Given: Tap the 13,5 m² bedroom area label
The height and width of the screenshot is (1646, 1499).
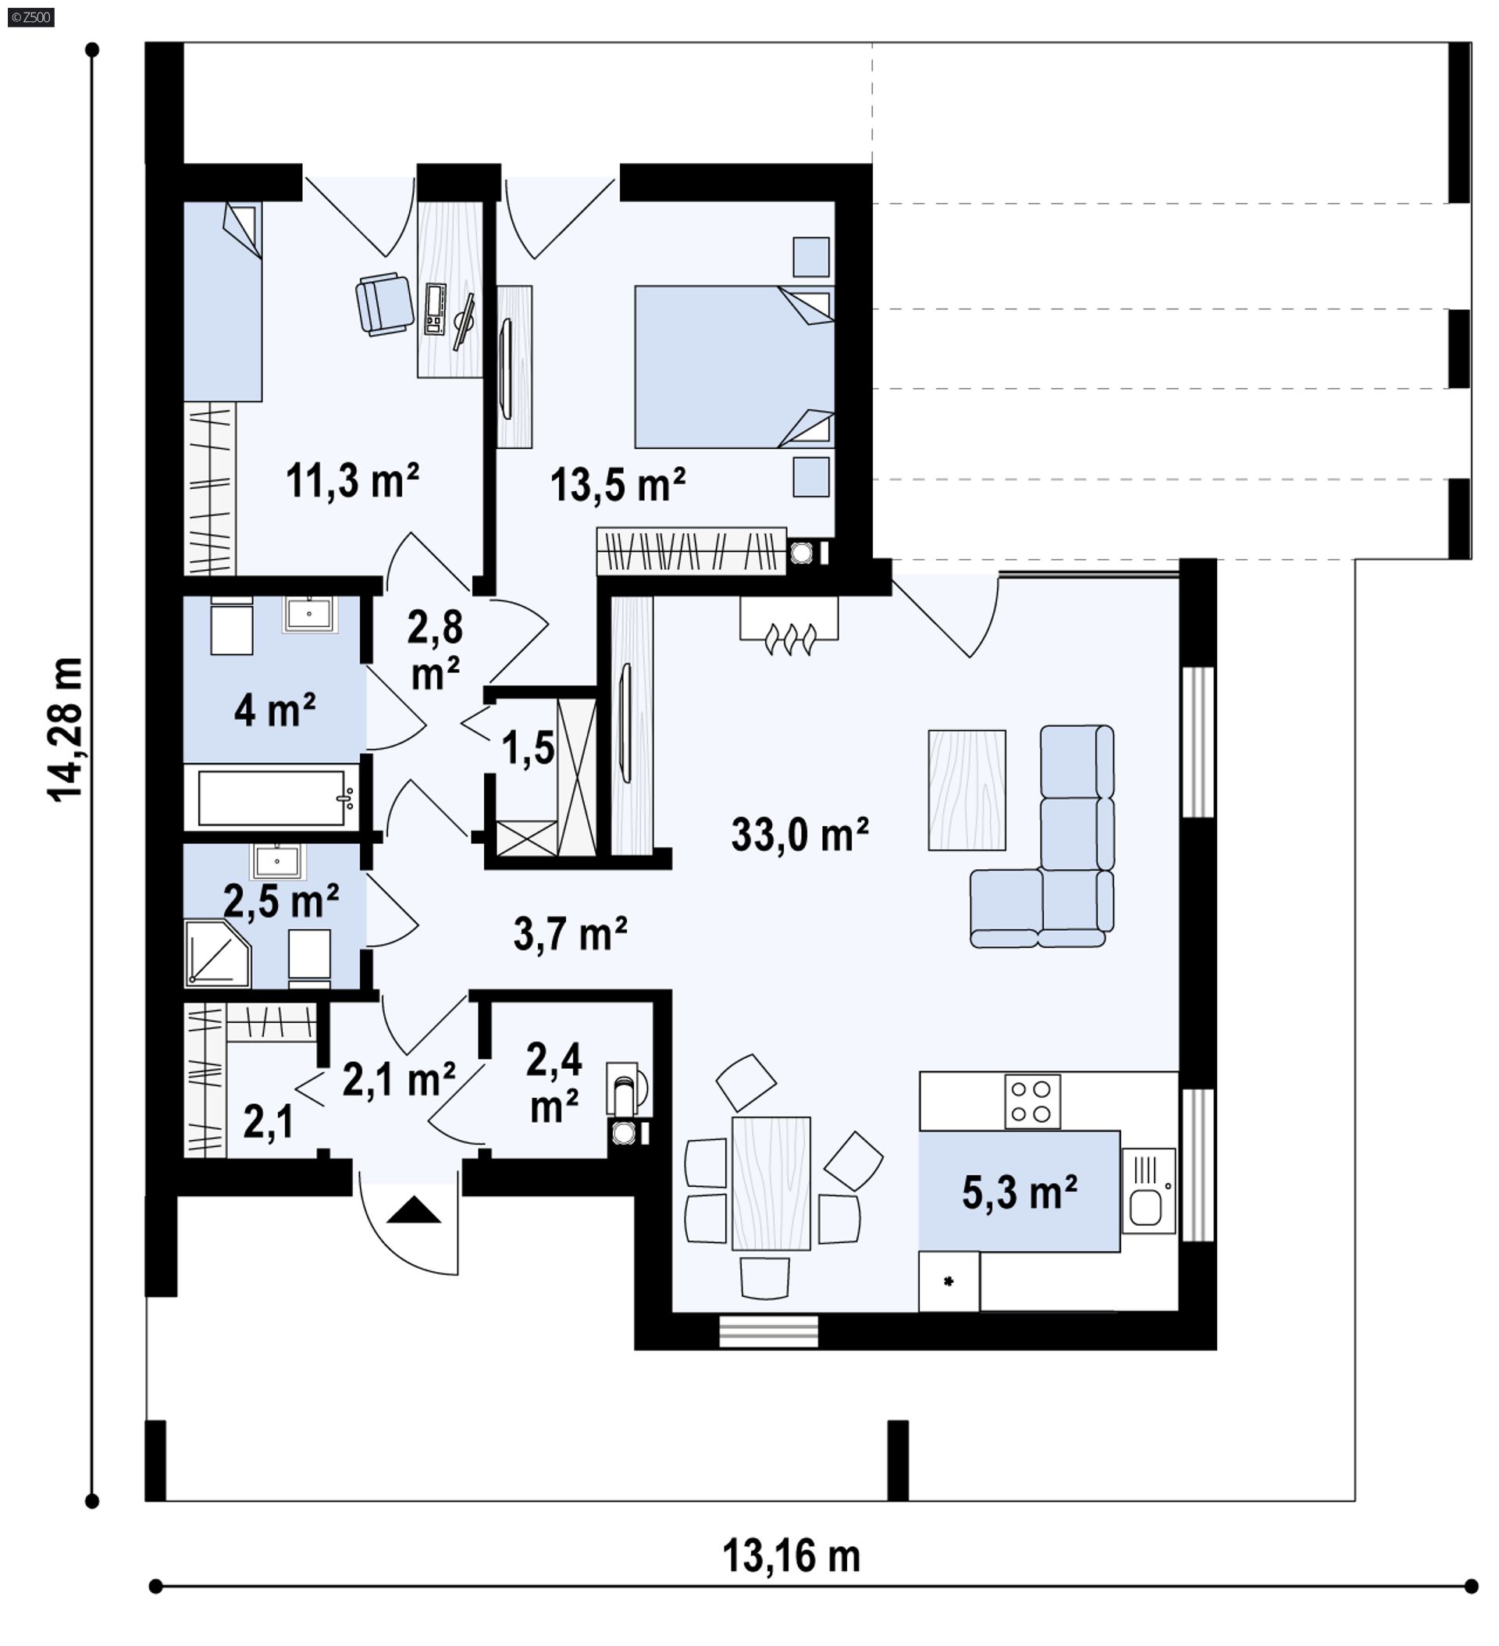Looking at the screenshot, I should point(618,485).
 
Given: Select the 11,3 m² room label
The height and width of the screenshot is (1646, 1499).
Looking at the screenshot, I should point(352,481).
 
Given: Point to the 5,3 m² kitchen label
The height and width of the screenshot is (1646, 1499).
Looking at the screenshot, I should point(1019,1193).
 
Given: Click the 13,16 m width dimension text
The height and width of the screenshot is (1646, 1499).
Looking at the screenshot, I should point(790,1556).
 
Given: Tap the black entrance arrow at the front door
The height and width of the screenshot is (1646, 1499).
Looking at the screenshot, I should point(413,1210).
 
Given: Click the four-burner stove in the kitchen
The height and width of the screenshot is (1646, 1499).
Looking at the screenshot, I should point(1032,1102).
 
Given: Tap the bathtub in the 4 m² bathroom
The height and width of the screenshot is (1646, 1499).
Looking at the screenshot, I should point(276,798).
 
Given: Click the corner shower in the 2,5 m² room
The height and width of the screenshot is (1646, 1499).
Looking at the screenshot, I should point(215,952).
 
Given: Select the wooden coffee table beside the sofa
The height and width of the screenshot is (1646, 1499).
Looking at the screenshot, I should point(967,789).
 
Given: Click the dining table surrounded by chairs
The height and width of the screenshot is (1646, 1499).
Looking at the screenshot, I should point(771,1184).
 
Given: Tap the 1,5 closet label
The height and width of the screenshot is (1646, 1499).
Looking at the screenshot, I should point(528,748).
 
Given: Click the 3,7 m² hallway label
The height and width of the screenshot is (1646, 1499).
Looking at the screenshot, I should point(570,934).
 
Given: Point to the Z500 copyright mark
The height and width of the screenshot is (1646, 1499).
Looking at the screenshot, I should point(31,16).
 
